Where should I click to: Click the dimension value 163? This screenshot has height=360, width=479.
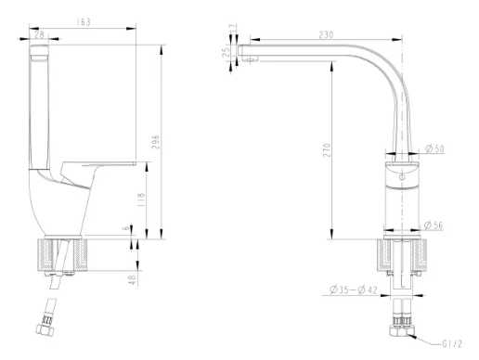[x=84, y=22]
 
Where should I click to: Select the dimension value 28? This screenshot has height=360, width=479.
[x=39, y=34]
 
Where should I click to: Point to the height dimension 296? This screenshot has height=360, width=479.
[x=155, y=142]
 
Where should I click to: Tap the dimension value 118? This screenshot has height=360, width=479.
[x=140, y=199]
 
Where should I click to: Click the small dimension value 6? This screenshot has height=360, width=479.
[x=125, y=228]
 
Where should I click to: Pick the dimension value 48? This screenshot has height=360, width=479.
[x=132, y=280]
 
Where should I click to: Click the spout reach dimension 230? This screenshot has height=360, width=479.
[x=326, y=34]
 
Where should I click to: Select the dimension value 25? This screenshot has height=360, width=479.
[x=227, y=51]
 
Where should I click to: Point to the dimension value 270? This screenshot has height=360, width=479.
[x=327, y=150]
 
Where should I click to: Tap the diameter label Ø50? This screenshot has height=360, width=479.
[x=434, y=148]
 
